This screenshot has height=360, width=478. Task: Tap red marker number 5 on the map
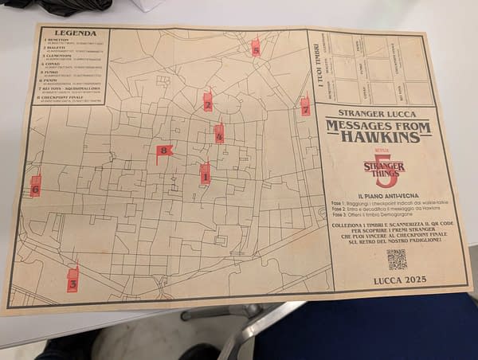tap(255, 48)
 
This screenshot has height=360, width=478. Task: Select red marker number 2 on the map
tap(208, 102)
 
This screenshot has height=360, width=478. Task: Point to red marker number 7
tap(305, 107)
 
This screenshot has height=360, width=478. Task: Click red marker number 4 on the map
tap(219, 134)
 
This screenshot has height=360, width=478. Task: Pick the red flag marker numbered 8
tap(164, 150)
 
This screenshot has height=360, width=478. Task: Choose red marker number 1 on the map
tap(205, 173)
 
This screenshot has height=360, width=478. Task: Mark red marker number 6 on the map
tap(35, 186)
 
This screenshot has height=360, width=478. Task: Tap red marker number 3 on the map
tap(72, 280)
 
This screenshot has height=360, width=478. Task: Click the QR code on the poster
tap(396, 260)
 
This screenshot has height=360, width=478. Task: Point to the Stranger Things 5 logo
tap(384, 167)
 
